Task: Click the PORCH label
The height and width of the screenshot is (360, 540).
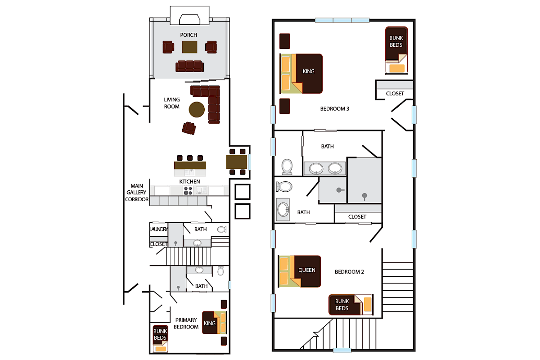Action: pos(189,35)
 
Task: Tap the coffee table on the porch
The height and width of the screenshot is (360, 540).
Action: pos(189,47)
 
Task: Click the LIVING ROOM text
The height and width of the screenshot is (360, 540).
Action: pos(171,103)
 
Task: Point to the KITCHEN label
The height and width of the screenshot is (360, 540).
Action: pos(189,181)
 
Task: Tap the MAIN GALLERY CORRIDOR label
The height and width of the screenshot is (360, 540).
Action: pos(136,192)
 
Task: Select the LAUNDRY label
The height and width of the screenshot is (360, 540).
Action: pos(158,229)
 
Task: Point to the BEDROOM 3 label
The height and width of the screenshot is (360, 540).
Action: pos(334,108)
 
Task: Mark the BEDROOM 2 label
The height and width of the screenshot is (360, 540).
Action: pos(349,272)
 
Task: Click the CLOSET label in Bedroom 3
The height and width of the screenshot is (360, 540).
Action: pos(395,94)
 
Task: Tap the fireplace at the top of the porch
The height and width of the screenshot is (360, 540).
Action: pos(189,18)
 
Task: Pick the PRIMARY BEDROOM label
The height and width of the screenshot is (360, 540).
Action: pos(186,324)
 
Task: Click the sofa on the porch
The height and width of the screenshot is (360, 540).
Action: pos(189,66)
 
